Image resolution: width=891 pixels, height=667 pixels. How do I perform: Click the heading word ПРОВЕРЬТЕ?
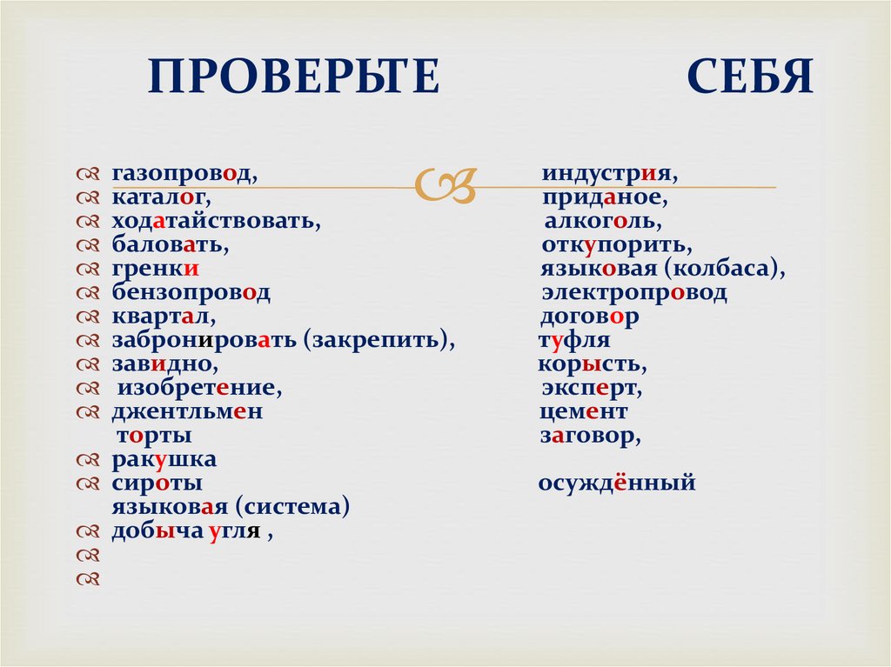pos(293,77)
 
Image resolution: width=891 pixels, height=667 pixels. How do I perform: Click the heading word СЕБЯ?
pos(750,77)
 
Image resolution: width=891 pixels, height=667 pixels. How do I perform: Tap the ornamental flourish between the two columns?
pos(446,184)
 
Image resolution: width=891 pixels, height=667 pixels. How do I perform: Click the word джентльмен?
pos(186,412)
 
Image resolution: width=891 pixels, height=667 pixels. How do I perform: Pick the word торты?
pos(153,436)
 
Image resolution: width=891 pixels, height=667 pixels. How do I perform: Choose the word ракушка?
pos(164,460)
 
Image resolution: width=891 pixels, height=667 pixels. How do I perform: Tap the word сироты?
pos(157,484)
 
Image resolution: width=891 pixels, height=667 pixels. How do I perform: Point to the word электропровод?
pos(633,294)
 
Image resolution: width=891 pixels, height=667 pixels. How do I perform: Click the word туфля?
pos(574,341)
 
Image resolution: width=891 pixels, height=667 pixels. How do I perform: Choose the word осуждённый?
pos(617,484)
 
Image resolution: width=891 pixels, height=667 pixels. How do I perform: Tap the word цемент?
pos(583,412)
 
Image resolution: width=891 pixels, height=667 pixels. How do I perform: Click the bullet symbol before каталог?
pos(90,199)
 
